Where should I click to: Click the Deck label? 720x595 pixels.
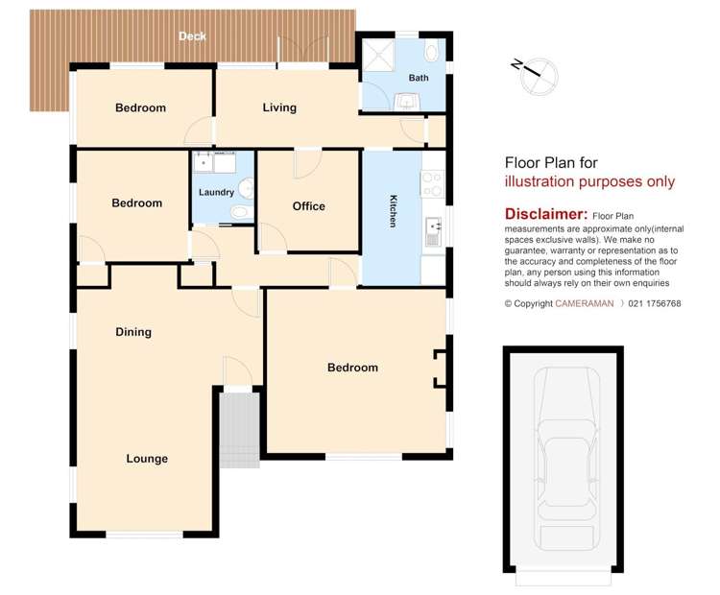192,36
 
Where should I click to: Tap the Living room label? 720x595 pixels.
279,107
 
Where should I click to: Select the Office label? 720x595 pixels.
308,206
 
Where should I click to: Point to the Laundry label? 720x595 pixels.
216,192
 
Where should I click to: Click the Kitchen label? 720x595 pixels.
394,211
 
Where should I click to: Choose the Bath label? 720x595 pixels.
419,78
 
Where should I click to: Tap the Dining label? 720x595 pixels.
133,332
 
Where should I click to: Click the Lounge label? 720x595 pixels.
147,459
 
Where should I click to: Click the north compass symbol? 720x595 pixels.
536,75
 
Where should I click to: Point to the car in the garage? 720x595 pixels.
567,459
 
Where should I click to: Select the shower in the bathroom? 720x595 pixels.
378,55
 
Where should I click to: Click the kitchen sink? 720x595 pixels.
433,231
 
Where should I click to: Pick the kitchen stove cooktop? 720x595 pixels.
432,183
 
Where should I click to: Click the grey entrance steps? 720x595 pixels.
240,430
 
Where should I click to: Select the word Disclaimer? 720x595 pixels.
545,214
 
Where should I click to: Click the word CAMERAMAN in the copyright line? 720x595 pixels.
584,303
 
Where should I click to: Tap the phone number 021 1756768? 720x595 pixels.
655,303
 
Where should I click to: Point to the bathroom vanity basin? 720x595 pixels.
406,102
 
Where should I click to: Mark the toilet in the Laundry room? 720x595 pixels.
241,212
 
